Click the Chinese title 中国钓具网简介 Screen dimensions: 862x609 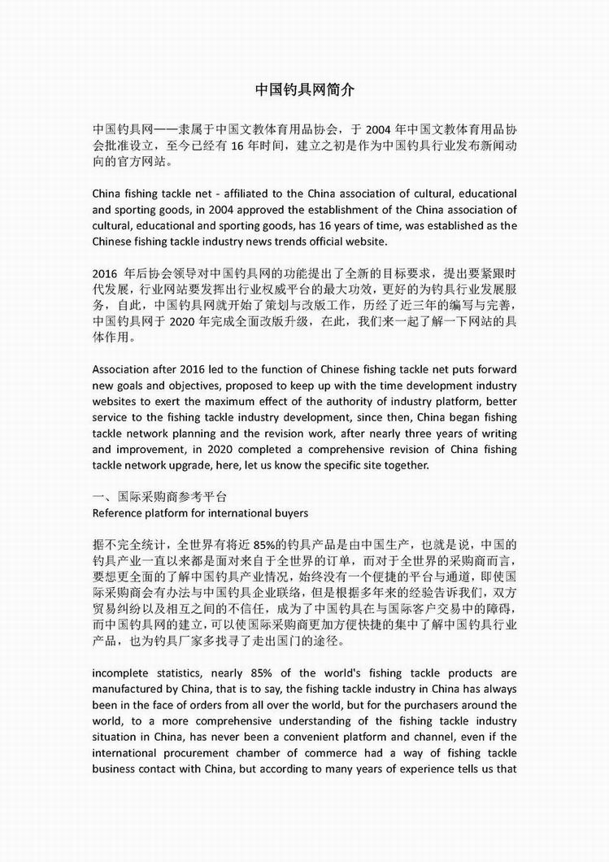tap(304, 89)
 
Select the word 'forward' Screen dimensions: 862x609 tap(491, 369)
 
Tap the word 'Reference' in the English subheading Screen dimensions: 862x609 tap(118, 512)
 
